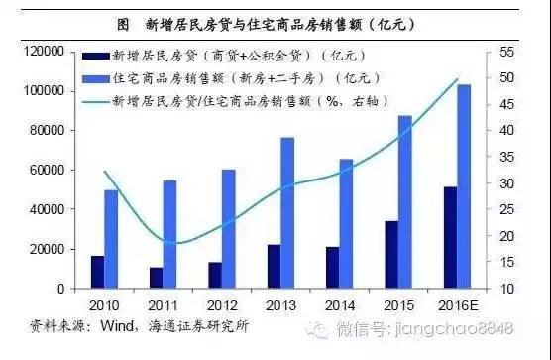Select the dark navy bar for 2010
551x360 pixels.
[97, 272]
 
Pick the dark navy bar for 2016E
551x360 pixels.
[450, 237]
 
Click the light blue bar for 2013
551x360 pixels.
[287, 212]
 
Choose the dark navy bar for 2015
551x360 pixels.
[391, 254]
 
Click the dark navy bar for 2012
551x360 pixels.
[214, 275]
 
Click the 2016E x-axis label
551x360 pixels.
[457, 304]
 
